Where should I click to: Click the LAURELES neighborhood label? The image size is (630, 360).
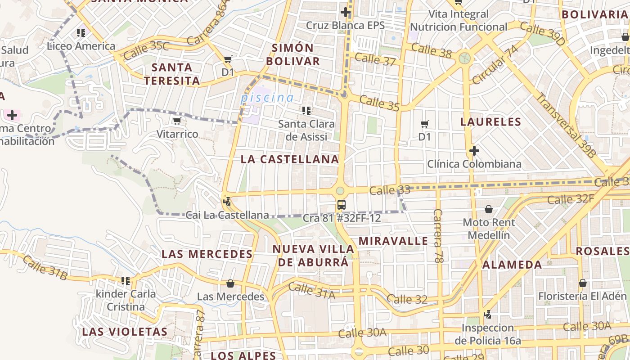490,121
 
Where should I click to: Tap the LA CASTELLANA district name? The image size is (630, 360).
289,159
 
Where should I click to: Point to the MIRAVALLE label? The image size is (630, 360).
393,241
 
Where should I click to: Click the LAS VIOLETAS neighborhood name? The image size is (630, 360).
125,332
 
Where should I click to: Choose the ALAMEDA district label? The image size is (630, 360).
512,265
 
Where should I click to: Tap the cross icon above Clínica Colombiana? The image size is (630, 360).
474,151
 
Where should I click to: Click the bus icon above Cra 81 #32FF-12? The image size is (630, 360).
342,205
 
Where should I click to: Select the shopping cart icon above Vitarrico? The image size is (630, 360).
177,121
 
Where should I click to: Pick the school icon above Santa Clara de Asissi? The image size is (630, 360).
306,110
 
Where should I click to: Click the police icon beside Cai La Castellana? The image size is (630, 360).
227,202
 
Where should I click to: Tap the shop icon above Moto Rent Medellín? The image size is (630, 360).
489,209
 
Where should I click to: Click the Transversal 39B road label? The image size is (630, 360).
567,125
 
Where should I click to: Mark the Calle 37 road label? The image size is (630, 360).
375,58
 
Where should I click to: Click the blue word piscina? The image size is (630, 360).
267,97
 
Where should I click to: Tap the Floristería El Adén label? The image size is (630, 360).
582,296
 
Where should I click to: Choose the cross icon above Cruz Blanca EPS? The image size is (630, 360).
346,12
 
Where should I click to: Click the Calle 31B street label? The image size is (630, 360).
45,267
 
